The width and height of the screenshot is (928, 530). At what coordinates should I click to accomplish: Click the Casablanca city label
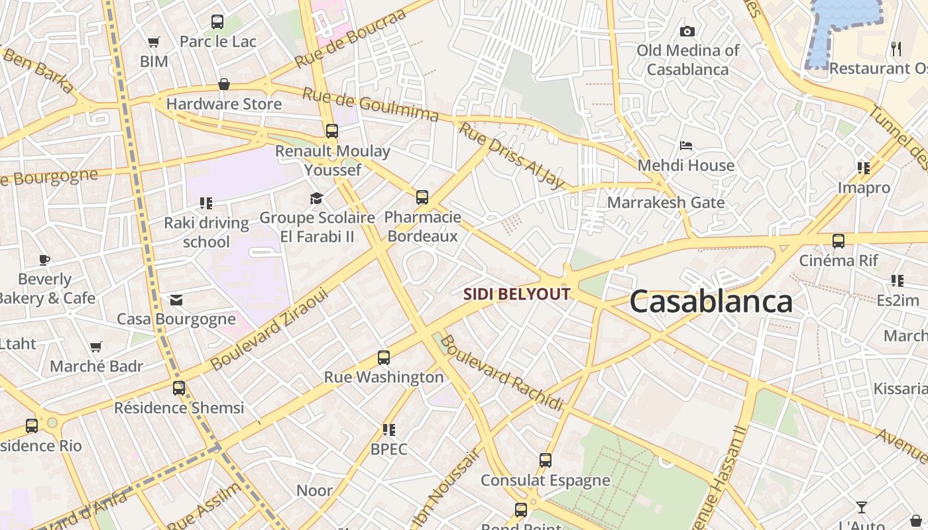click(711, 301)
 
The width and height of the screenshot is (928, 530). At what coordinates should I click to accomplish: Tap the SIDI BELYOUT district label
click(516, 294)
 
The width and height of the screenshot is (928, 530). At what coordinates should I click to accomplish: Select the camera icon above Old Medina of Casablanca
click(687, 31)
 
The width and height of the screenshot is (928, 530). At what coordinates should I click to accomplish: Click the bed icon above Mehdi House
click(686, 146)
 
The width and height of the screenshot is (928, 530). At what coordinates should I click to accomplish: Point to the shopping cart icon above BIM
click(154, 42)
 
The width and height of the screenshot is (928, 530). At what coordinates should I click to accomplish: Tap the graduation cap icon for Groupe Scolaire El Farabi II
click(317, 198)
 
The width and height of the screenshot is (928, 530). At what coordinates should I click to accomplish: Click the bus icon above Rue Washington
click(383, 358)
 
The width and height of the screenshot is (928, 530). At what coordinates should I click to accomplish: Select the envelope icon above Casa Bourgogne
click(176, 300)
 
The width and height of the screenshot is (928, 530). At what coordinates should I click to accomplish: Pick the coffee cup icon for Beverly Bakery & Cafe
click(44, 260)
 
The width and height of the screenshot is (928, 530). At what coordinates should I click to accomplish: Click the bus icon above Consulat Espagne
click(545, 460)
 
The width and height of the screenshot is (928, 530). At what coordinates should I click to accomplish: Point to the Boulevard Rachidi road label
click(501, 372)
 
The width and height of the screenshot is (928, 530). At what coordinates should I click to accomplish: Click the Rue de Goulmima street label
click(371, 104)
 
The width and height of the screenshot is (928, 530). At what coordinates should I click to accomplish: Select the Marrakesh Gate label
click(666, 203)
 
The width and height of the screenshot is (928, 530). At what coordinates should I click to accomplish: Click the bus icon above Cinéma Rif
click(839, 241)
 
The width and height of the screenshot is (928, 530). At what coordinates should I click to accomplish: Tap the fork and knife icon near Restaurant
click(896, 48)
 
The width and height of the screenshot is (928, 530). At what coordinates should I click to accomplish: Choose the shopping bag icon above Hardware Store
click(224, 85)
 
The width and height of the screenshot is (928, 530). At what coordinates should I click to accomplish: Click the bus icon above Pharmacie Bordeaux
click(422, 197)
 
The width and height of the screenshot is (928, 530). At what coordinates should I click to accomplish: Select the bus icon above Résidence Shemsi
click(179, 388)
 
